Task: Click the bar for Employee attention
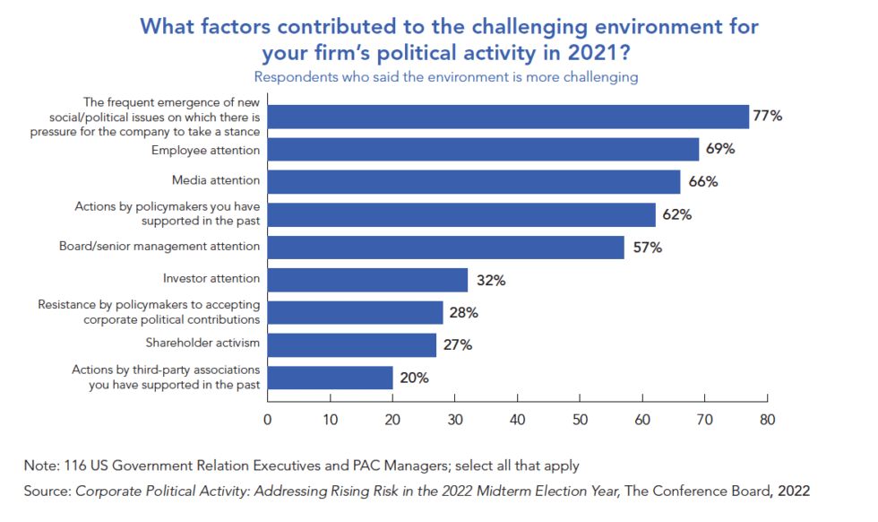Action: point(483,150)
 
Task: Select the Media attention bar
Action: point(474,182)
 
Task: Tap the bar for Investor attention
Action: point(367,280)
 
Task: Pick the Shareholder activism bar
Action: point(351,344)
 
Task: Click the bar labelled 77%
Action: point(508,117)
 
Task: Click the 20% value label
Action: point(413,378)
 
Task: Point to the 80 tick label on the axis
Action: point(767,419)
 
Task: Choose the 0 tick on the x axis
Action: point(267,419)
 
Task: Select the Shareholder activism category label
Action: point(202,343)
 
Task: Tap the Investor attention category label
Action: point(211,279)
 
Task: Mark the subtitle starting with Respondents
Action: point(446,77)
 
